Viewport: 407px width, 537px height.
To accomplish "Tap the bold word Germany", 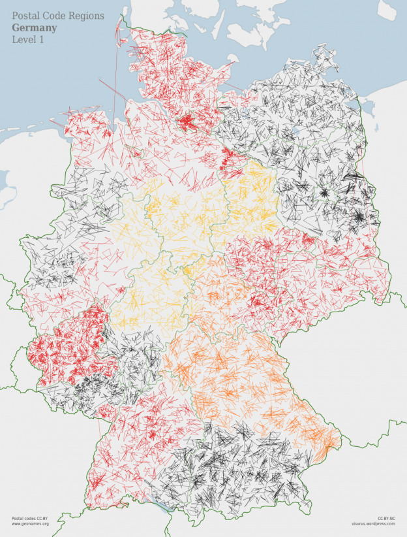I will [x=34, y=28].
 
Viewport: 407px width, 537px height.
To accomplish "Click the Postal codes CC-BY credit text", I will [x=29, y=518].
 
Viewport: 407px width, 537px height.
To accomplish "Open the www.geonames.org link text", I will [x=30, y=524].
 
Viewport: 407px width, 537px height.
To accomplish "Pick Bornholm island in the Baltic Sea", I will [x=389, y=10].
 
